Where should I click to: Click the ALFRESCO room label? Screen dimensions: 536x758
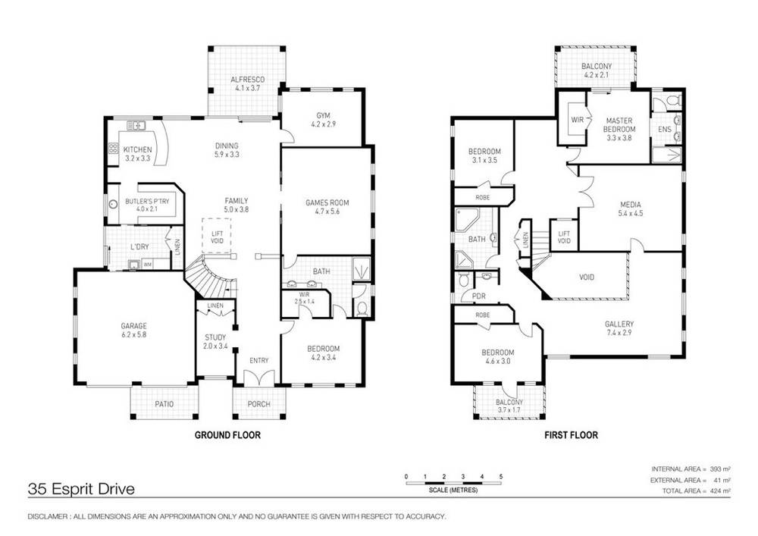coord(246,80)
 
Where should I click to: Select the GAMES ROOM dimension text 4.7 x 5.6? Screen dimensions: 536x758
coord(326,213)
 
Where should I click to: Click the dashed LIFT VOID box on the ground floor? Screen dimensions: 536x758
coord(216,236)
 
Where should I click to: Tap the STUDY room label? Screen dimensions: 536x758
coord(215,337)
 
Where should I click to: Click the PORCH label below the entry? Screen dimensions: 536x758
coord(259,404)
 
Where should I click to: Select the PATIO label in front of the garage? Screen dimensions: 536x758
coord(164,404)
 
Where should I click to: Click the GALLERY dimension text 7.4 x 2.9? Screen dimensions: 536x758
coord(619,332)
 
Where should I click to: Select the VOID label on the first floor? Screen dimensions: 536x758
coord(586,277)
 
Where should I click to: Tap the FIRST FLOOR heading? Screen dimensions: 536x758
coord(571,436)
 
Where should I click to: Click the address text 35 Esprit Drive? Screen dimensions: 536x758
coord(81,490)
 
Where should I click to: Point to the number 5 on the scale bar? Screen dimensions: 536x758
coord(500,476)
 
